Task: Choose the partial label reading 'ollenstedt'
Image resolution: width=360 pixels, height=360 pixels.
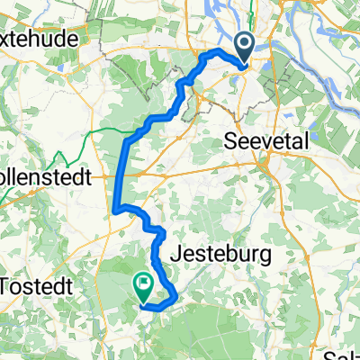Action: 46,177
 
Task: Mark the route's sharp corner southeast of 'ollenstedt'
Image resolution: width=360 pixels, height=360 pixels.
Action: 117,211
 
